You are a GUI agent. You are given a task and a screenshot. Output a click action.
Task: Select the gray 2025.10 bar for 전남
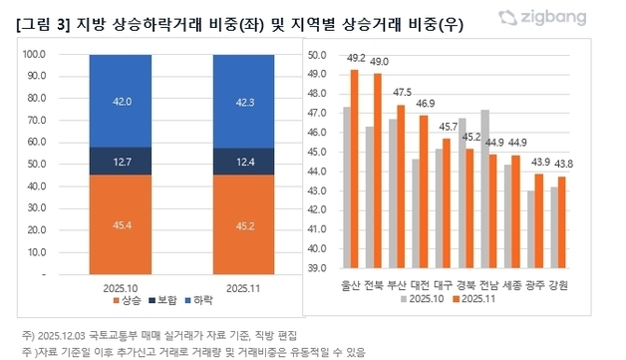tap(484, 188)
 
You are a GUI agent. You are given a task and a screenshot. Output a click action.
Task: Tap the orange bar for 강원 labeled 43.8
tap(561, 221)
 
